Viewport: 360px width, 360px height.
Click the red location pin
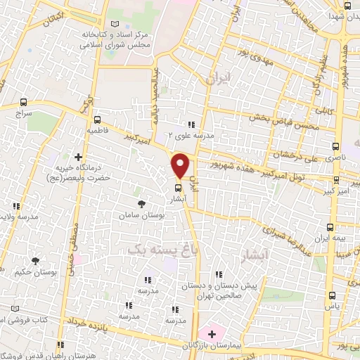[181, 165]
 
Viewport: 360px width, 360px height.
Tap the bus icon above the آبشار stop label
[178, 188]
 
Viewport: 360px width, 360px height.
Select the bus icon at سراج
[25, 102]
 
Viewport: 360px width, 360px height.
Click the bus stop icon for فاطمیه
[97, 119]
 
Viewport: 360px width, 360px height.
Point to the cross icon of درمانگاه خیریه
[78, 156]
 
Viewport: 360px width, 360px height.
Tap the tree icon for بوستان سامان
[142, 203]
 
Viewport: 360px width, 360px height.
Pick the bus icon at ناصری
[335, 148]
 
